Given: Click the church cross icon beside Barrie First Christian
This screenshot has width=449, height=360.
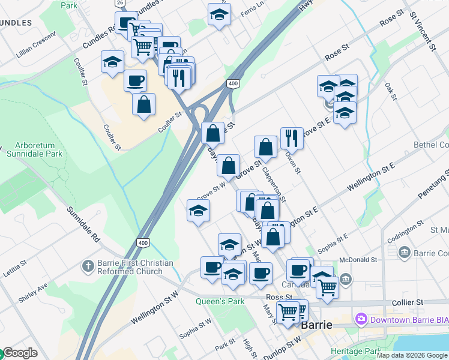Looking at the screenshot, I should click(x=88, y=265).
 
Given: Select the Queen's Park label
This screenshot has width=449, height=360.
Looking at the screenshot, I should click(x=220, y=301).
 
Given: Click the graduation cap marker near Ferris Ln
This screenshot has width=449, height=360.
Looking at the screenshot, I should click(x=220, y=14).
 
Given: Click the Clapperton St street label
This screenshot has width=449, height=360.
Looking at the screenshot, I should click(x=274, y=183).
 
